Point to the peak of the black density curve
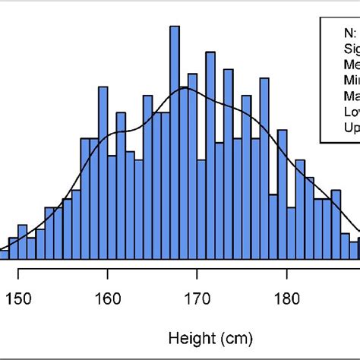point(185,89)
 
